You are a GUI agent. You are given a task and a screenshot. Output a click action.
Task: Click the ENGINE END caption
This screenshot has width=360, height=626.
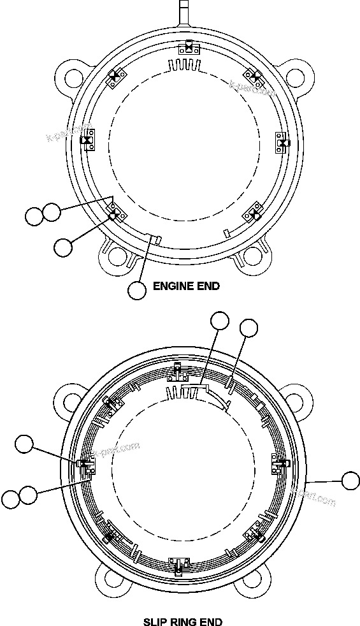click(186, 286)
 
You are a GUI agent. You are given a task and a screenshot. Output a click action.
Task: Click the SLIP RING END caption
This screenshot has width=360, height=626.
click(184, 621)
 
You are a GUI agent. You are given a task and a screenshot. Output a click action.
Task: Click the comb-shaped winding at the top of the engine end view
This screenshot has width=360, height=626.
click(185, 65)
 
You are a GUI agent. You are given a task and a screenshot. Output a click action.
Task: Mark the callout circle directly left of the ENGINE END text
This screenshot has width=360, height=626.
click(137, 290)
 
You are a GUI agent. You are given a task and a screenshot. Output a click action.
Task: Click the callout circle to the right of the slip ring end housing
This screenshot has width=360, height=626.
click(350, 481)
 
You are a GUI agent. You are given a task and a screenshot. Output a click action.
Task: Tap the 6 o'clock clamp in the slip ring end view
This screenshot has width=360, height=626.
click(178, 564)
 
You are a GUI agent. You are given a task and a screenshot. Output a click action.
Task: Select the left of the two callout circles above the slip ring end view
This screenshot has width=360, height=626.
click(220, 321)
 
